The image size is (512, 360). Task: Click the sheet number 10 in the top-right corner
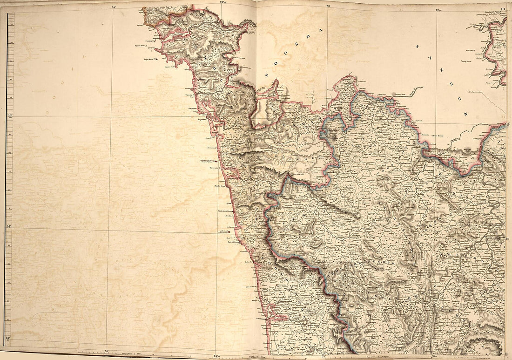pos(502,8)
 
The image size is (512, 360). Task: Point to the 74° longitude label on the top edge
pos(114,7)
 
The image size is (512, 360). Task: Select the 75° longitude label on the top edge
pos(328,7)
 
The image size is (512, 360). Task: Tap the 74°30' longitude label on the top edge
pos(223,5)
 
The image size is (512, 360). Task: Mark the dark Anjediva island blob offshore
pos(157,60)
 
